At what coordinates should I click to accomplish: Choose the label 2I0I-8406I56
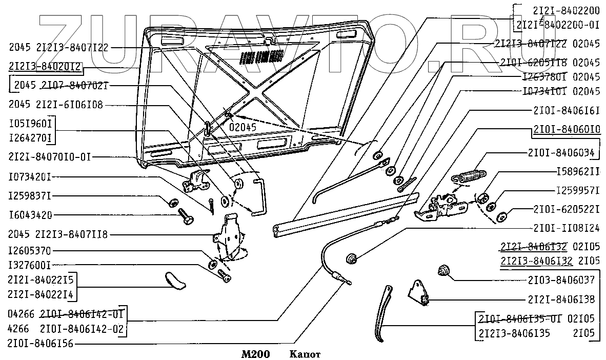40,344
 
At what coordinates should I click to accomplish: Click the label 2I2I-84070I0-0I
50,157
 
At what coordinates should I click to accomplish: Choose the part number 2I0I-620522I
566,209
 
